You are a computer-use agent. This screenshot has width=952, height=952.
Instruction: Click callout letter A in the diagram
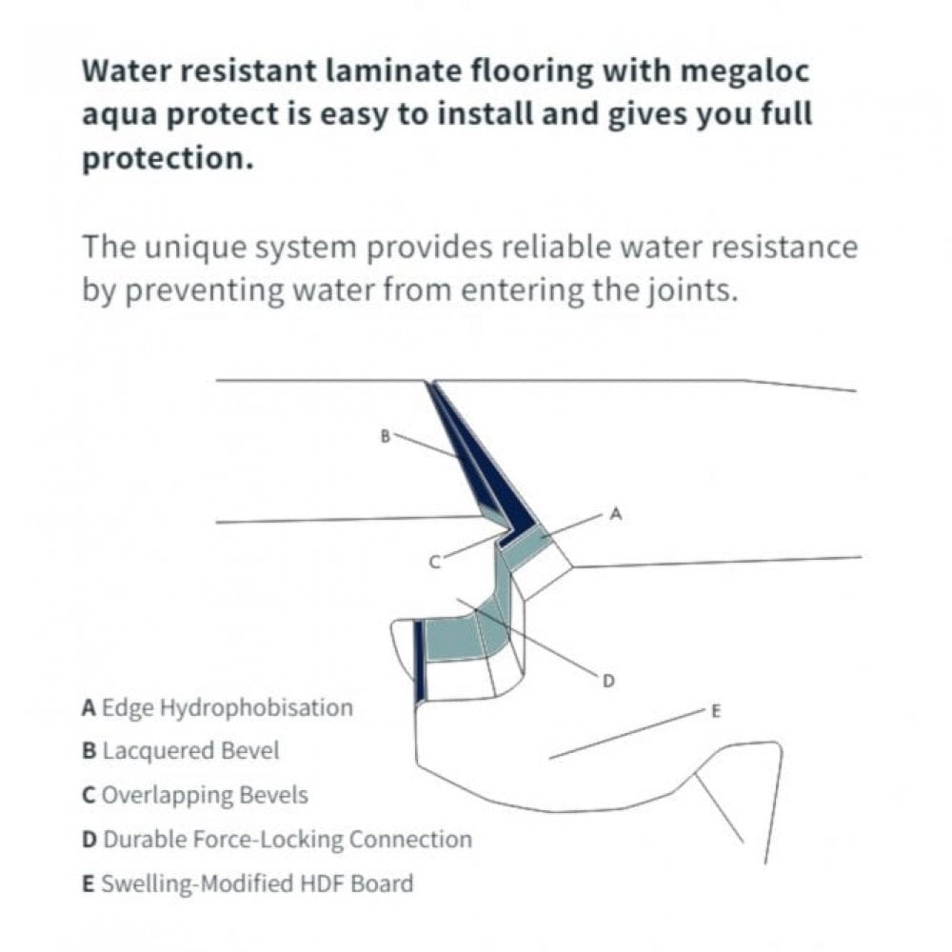[x=614, y=514]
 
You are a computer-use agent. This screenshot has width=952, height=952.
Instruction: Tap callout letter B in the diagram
[x=385, y=437]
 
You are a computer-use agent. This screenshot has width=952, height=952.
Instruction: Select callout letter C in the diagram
[x=434, y=563]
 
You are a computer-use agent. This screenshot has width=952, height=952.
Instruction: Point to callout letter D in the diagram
[x=608, y=680]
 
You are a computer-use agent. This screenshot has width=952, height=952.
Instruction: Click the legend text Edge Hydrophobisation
[x=227, y=708]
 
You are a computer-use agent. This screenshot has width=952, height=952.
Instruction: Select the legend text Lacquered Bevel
[x=190, y=751]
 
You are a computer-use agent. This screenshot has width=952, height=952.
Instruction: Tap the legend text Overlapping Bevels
[x=205, y=794]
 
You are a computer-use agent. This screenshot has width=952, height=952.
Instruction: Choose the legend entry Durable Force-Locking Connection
[x=287, y=840]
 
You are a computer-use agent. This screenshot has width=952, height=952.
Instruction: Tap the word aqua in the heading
[x=123, y=114]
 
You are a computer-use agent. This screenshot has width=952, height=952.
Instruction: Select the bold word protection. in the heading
[x=168, y=157]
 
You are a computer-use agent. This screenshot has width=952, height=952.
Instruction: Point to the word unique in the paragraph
[x=201, y=247]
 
